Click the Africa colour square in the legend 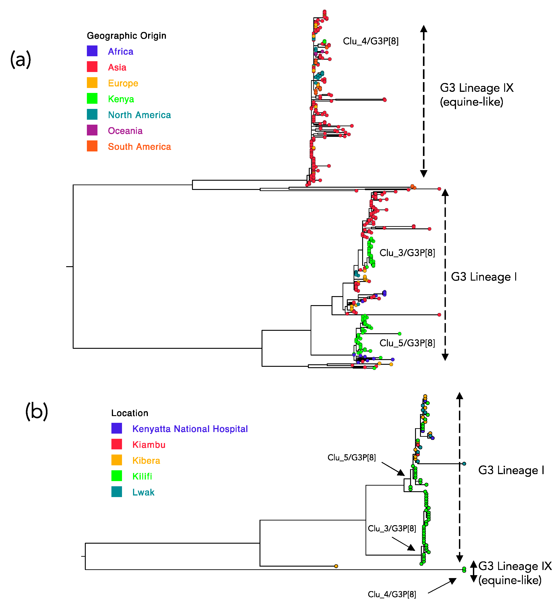(x=92, y=51)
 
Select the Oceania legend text (x=125, y=131)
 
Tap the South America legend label (x=139, y=147)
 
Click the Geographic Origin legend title (x=126, y=36)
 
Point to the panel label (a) (x=21, y=59)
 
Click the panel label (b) (x=36, y=411)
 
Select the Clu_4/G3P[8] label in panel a (x=371, y=41)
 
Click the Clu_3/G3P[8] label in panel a (x=407, y=253)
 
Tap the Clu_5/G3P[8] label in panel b (x=352, y=457)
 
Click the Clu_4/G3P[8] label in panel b (x=392, y=594)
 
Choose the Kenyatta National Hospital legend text (x=190, y=429)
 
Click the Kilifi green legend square (x=117, y=476)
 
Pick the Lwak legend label (x=143, y=492)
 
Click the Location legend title (x=130, y=413)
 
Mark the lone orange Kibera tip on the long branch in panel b (x=336, y=566)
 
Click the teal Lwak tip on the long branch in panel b (x=464, y=464)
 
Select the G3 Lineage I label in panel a (x=484, y=277)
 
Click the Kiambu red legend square (x=117, y=444)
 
